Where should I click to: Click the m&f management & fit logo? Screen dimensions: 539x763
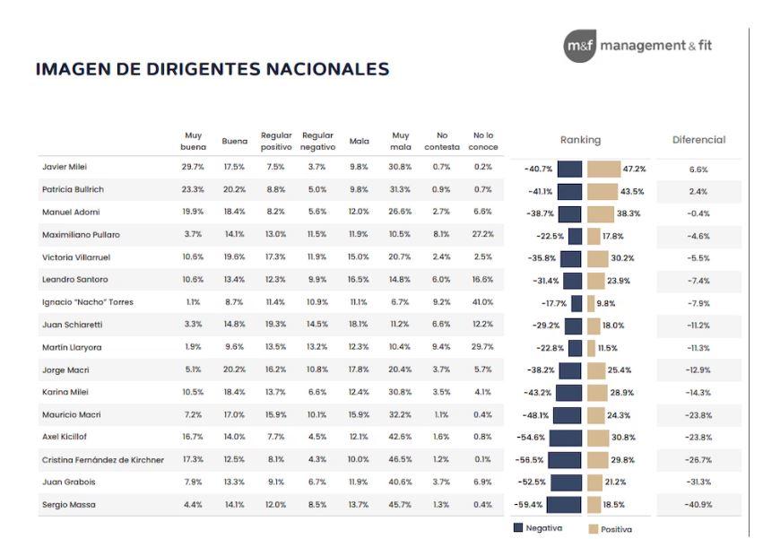pyautogui.click(x=638, y=46)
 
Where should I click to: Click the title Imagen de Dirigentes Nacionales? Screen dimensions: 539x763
pyautogui.click(x=212, y=69)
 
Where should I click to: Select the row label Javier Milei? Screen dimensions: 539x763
pyautogui.click(x=65, y=167)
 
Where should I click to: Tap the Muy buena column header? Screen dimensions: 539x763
pyautogui.click(x=193, y=141)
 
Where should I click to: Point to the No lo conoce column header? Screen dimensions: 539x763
pyautogui.click(x=482, y=141)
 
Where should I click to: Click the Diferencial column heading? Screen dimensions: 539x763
pyautogui.click(x=698, y=140)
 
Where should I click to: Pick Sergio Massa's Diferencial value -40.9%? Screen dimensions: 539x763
pyautogui.click(x=698, y=506)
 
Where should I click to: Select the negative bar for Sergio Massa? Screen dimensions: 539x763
pyautogui.click(x=564, y=506)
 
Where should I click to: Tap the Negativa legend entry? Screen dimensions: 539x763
pyautogui.click(x=537, y=528)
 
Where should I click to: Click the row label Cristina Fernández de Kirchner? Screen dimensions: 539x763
pyautogui.click(x=102, y=459)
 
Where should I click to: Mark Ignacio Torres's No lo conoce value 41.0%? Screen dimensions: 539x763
pyautogui.click(x=482, y=301)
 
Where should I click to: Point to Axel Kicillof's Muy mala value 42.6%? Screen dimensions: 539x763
pyautogui.click(x=400, y=437)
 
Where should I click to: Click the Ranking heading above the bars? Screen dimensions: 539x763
pyautogui.click(x=580, y=140)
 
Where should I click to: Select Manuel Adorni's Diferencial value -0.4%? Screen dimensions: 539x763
pyautogui.click(x=698, y=213)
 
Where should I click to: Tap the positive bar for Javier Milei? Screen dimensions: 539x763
pyautogui.click(x=617, y=169)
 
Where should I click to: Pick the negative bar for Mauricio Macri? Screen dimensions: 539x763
pyautogui.click(x=567, y=415)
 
